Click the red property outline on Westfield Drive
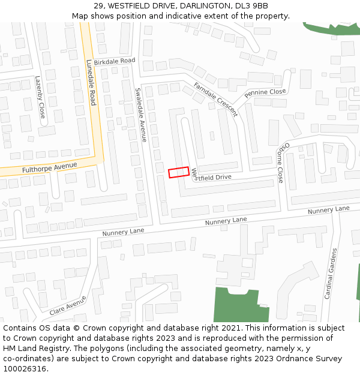click(178, 172)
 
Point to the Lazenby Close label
click(40, 97)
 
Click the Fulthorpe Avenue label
click(50, 167)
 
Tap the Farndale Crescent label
click(215, 100)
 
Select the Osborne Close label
click(282, 162)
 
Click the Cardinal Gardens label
click(330, 274)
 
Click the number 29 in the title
click(99, 5)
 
